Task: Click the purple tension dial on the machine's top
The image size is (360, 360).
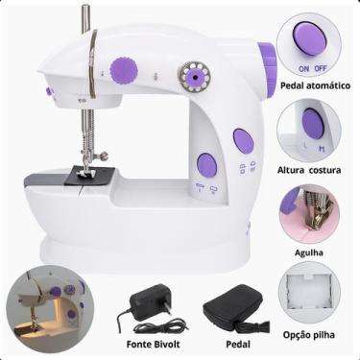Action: point(123,69)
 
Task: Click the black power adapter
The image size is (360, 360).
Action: point(151,306)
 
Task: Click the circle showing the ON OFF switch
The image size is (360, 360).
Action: point(308,44)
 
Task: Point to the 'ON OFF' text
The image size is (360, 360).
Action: point(308,69)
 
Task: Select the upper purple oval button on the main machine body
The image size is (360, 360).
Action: point(244,143)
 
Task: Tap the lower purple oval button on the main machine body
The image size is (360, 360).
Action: point(206,164)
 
